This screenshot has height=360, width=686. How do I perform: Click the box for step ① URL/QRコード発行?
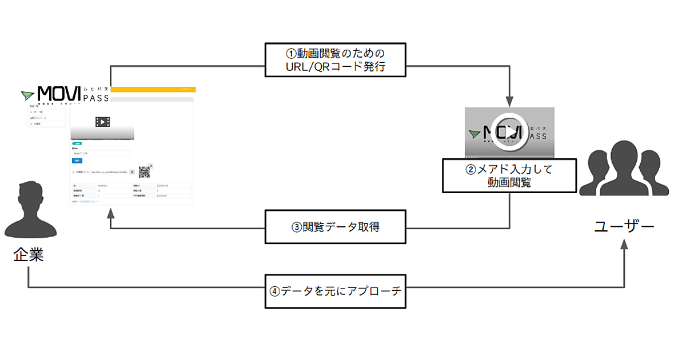tap(336, 60)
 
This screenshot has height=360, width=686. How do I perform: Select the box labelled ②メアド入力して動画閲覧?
tap(509, 175)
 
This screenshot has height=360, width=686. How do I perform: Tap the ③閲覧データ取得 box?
tap(336, 227)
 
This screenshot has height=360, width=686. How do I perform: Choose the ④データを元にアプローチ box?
tap(336, 290)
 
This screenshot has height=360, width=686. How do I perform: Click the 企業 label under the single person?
tap(29, 255)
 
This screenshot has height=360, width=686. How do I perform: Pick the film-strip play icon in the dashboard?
tap(102, 122)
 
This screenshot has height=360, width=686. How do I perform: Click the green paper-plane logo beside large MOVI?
tap(27, 95)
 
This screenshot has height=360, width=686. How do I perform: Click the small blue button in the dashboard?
tap(77, 161)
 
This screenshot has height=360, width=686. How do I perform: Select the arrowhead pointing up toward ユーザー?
tap(624, 245)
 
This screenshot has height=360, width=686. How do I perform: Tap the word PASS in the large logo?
tap(96, 98)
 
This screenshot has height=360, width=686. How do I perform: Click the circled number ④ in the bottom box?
tap(275, 290)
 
